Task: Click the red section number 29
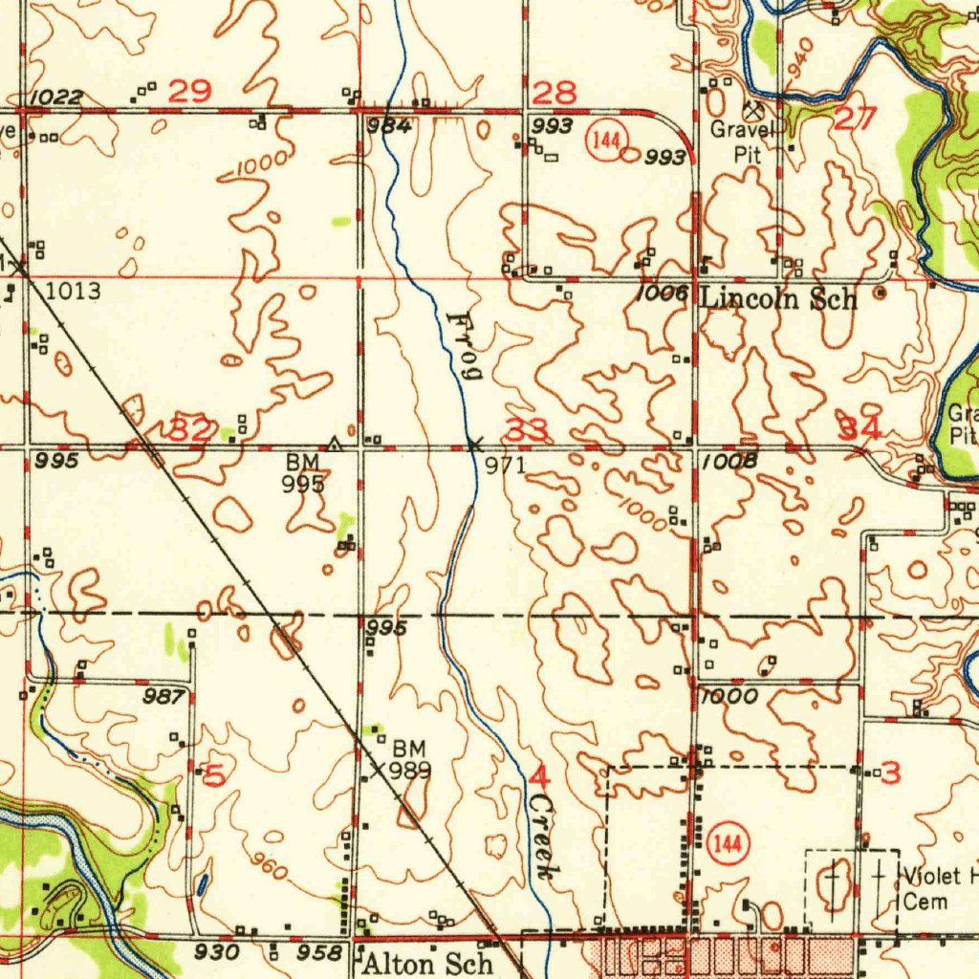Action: click(189, 92)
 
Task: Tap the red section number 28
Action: click(555, 93)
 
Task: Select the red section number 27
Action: click(854, 119)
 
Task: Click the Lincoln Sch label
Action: click(779, 298)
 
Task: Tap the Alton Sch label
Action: click(427, 963)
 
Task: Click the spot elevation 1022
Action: click(55, 97)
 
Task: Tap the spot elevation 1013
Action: click(73, 291)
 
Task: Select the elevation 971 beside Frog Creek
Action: click(506, 465)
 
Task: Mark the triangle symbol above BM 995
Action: click(334, 443)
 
